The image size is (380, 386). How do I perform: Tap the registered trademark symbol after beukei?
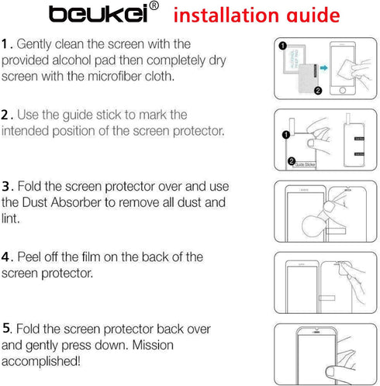tap(154, 7)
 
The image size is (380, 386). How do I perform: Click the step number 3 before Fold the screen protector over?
tap(6, 187)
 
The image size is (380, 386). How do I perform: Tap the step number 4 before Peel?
tap(6, 257)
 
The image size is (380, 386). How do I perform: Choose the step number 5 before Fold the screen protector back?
tap(6, 328)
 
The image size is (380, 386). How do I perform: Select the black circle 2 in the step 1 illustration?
tap(316, 90)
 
